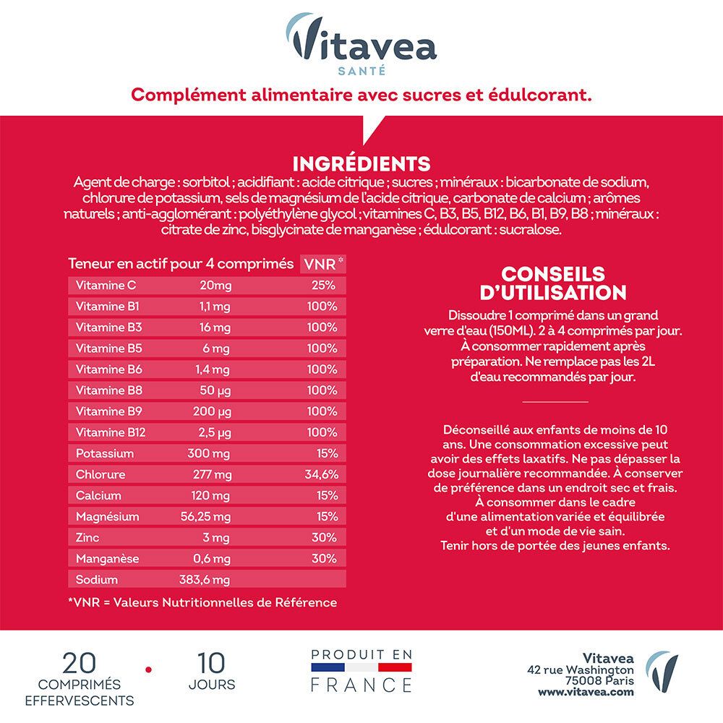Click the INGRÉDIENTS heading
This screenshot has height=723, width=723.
click(361, 163)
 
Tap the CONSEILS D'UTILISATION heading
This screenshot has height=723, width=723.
click(553, 283)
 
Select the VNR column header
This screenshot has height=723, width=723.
click(322, 264)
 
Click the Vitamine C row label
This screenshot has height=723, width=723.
click(106, 285)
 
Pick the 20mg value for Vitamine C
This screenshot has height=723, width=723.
click(215, 285)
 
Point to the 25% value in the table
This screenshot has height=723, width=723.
click(323, 285)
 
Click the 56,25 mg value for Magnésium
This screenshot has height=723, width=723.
click(205, 517)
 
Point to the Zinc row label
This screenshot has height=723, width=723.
click(87, 538)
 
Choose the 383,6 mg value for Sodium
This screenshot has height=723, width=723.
click(205, 580)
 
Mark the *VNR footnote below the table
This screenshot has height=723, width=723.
click(202, 602)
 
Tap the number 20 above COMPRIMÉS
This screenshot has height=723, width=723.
click(80, 663)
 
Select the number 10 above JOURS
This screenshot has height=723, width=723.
click(211, 663)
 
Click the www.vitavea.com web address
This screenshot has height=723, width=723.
click(586, 692)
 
